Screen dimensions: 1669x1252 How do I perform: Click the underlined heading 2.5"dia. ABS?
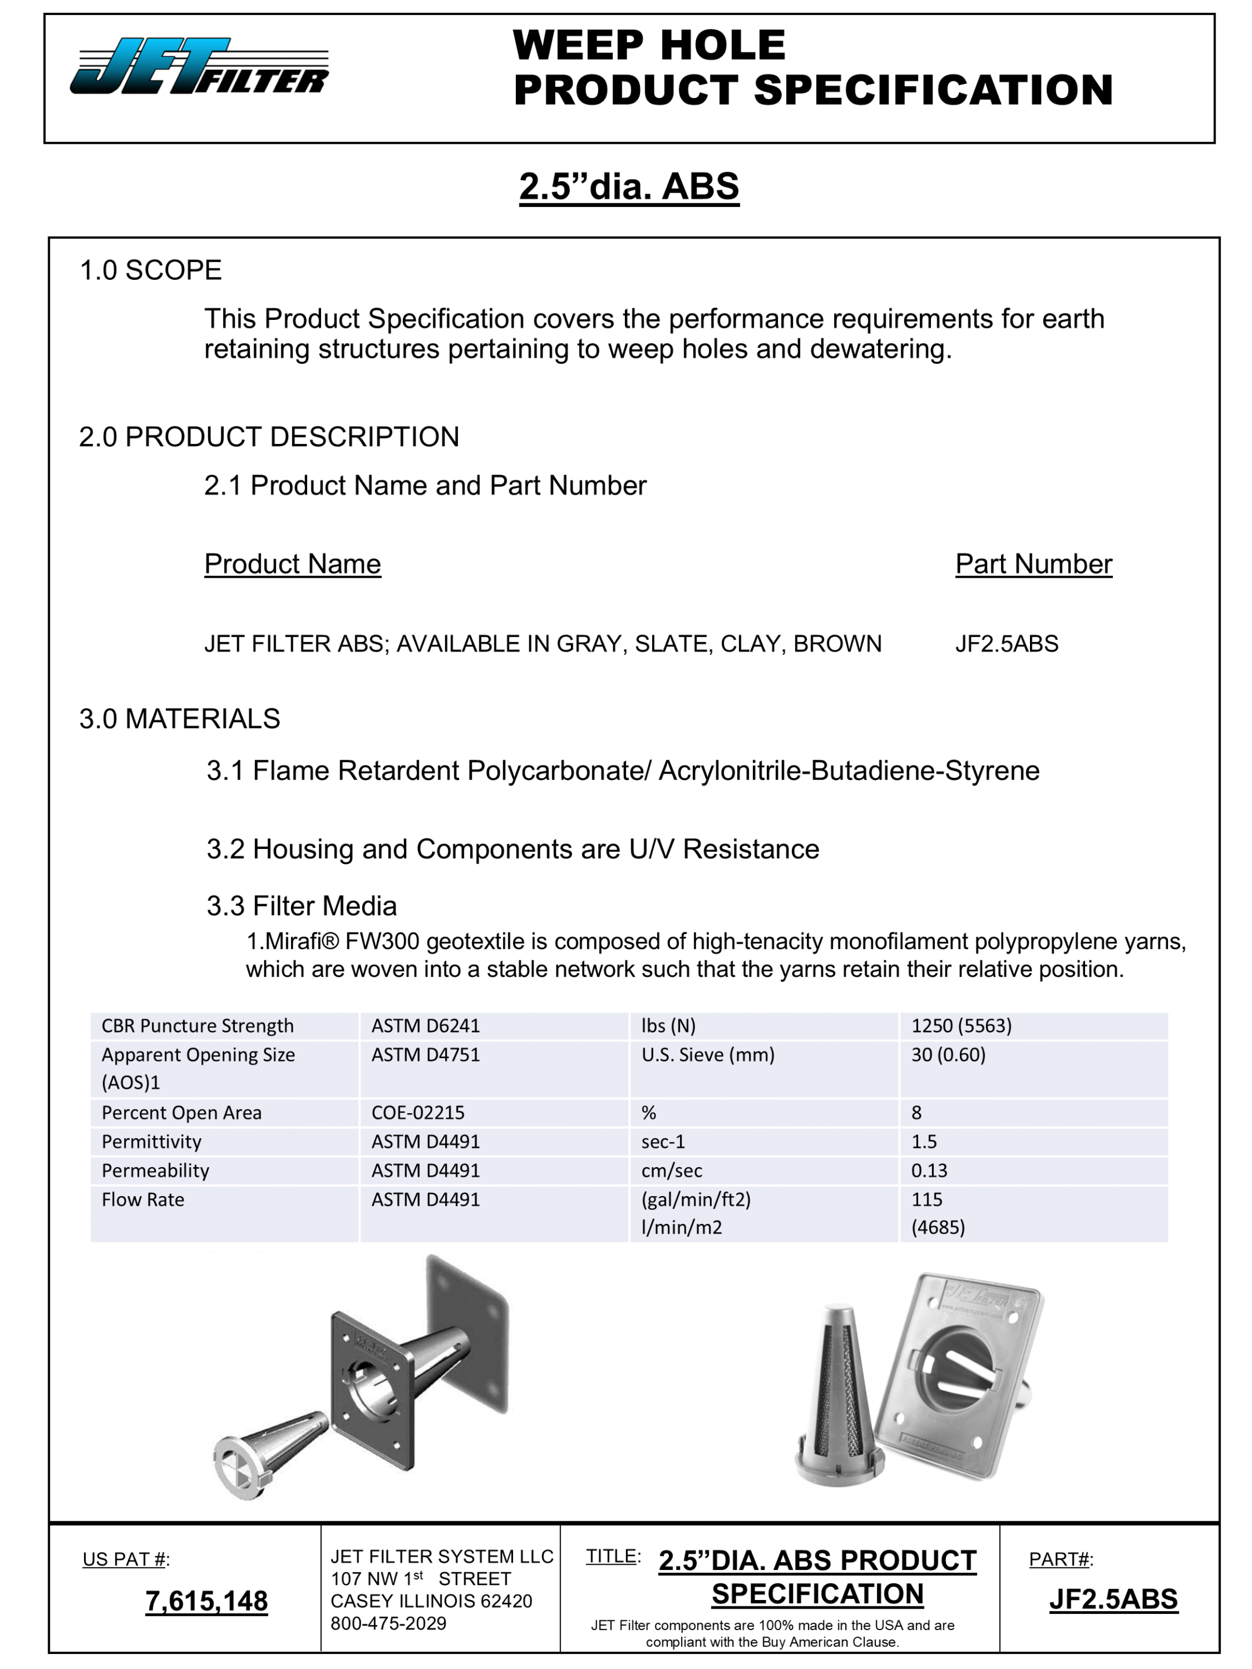pyautogui.click(x=629, y=187)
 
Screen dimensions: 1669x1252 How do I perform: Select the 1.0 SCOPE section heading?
pyautogui.click(x=150, y=270)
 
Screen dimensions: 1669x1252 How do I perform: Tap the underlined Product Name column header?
pyautogui.click(x=292, y=564)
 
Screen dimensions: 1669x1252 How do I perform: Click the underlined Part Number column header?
pyautogui.click(x=1033, y=564)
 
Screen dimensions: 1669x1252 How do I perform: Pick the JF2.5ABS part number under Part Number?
pyautogui.click(x=1006, y=644)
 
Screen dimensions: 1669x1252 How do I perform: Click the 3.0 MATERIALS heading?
pyautogui.click(x=179, y=718)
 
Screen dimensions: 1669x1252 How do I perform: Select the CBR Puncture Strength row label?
pyautogui.click(x=197, y=1025)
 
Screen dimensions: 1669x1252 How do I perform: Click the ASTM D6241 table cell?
pyautogui.click(x=425, y=1025)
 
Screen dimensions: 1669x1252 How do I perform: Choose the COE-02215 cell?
pyautogui.click(x=417, y=1112)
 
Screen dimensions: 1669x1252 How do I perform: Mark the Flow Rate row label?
pyautogui.click(x=143, y=1199)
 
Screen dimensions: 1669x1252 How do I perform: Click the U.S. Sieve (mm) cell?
pyautogui.click(x=707, y=1054)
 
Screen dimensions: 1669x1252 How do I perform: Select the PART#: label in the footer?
pyautogui.click(x=1060, y=1559)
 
